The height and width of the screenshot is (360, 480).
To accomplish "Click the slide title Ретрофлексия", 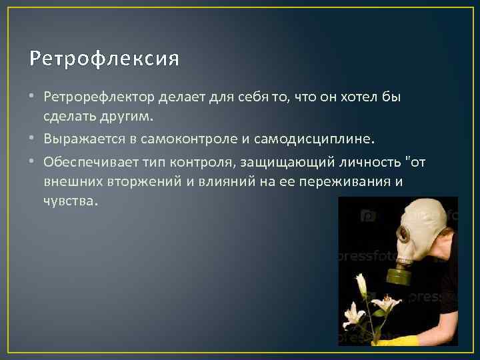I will [104, 59].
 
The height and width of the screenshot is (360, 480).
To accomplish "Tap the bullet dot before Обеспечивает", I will [35, 163].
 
